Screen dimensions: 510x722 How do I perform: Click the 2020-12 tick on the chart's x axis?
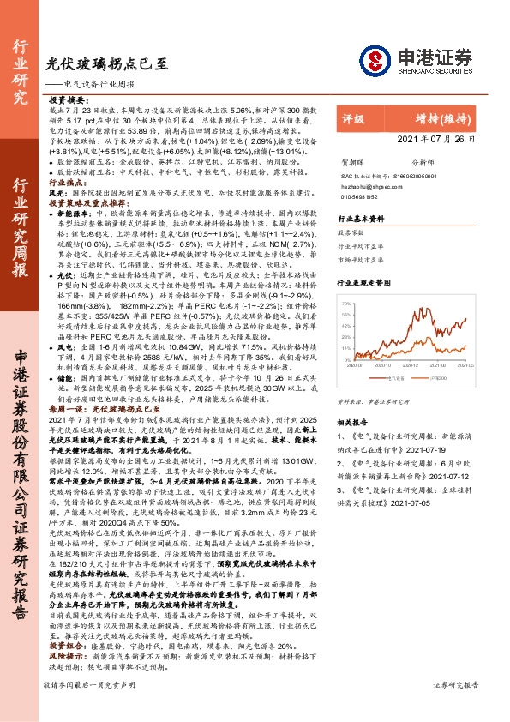411,364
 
